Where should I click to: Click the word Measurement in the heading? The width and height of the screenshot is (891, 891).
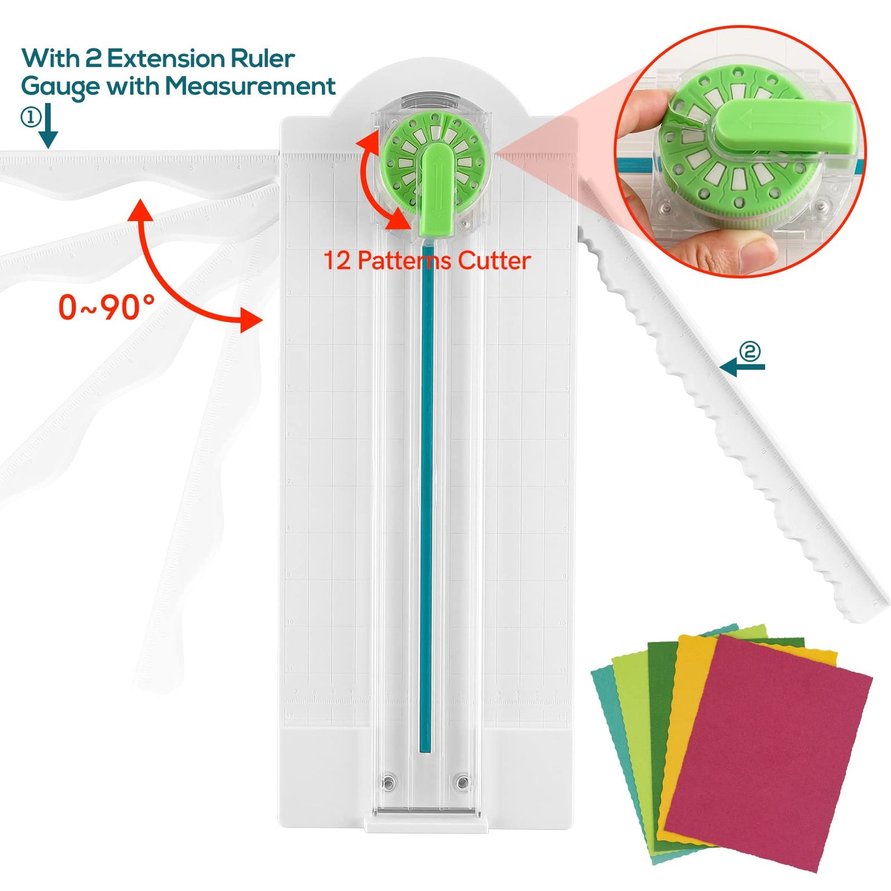tap(250, 86)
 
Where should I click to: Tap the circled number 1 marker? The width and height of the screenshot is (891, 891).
tap(30, 117)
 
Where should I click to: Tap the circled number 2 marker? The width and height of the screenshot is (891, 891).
tap(750, 351)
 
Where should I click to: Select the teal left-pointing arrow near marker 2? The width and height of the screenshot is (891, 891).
tap(742, 367)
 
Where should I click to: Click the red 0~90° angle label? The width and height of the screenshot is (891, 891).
tap(106, 307)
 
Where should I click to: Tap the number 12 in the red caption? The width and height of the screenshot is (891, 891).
tap(337, 261)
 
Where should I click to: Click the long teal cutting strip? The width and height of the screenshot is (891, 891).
tap(426, 493)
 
